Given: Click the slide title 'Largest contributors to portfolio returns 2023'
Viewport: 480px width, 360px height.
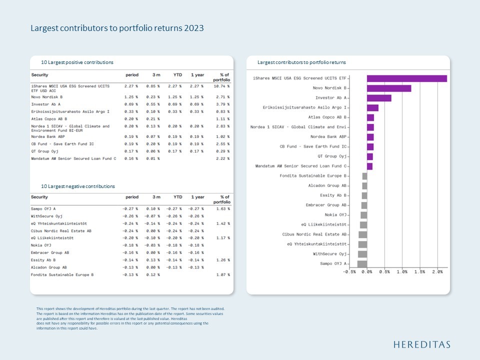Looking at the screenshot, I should click(117, 28).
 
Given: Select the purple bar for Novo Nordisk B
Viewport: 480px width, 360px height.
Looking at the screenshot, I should click(388, 88).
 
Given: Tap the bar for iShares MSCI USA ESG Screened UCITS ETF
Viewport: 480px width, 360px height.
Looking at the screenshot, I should click(406, 78).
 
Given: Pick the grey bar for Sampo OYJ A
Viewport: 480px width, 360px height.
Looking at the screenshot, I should click(362, 263).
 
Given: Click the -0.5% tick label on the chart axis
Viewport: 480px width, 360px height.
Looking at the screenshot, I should click(349, 272).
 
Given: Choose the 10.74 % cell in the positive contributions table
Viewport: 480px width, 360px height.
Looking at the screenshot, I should click(221, 86).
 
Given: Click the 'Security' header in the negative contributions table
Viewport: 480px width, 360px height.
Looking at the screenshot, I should click(40, 197).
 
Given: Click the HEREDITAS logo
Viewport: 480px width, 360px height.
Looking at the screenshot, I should click(421, 344).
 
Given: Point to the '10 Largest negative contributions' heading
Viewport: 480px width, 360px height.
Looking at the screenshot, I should click(78, 186).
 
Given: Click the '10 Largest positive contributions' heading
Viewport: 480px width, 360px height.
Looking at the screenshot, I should click(77, 62).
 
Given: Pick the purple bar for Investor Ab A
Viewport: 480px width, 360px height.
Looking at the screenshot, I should click(379, 98).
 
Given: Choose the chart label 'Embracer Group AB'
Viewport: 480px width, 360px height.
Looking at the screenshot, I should click(326, 205).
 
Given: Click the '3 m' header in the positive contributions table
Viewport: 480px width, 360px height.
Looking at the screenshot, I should click(156, 75).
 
